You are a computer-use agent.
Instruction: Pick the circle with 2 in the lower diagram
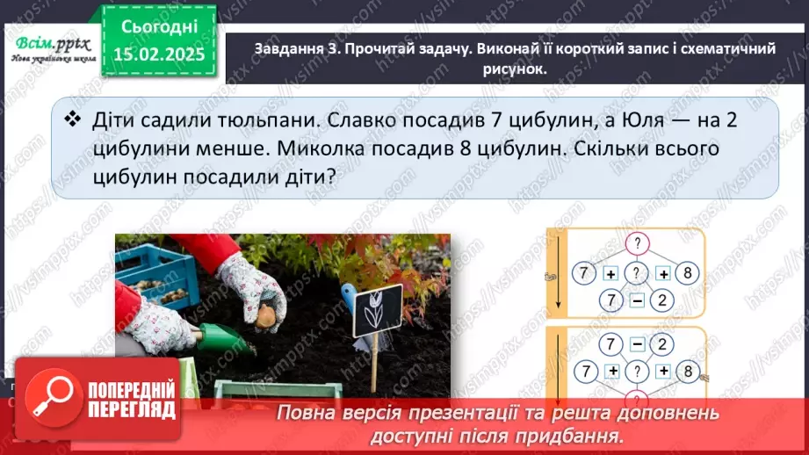coord(664,342)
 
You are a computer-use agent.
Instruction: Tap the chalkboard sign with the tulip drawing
coord(378,310)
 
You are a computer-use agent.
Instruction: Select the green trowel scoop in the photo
coord(220,336)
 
